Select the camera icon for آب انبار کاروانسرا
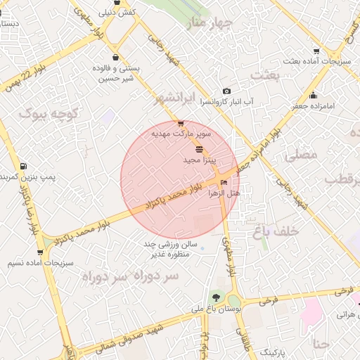coord(226,91)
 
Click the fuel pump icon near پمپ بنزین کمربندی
coord(24,166)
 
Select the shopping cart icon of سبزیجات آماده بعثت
coord(316,51)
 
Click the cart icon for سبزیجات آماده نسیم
coord(40,252)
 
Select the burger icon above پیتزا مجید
coord(199,149)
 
